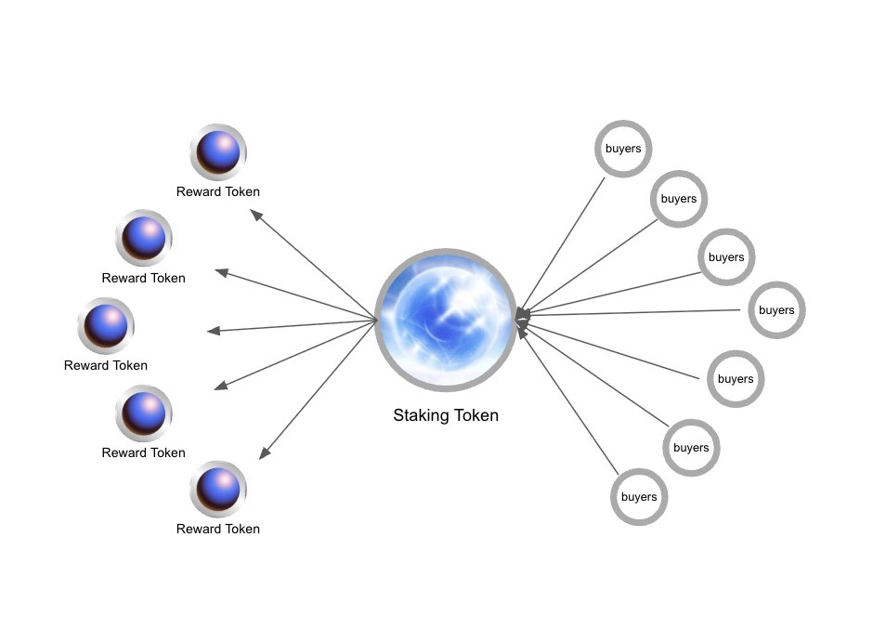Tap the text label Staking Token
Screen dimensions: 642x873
pyautogui.click(x=446, y=415)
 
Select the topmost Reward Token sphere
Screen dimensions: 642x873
pyautogui.click(x=218, y=151)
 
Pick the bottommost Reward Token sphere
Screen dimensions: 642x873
pyautogui.click(x=218, y=489)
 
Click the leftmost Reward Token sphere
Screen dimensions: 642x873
pyautogui.click(x=106, y=325)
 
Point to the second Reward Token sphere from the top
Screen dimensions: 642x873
pyautogui.click(x=144, y=238)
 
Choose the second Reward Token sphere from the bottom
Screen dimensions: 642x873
pyautogui.click(x=144, y=413)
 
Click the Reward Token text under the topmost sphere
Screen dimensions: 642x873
pyautogui.click(x=218, y=191)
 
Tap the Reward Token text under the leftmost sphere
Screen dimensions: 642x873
pyautogui.click(x=106, y=365)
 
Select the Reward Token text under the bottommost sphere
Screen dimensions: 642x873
pyautogui.click(x=218, y=529)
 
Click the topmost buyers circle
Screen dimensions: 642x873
pyautogui.click(x=623, y=148)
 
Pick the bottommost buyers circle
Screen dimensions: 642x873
pyautogui.click(x=639, y=496)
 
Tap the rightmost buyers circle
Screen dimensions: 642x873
pyautogui.click(x=776, y=310)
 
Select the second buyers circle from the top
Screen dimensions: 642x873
pyautogui.click(x=679, y=199)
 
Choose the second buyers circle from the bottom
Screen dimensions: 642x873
pyautogui.click(x=691, y=447)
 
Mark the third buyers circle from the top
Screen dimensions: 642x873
pyautogui.click(x=726, y=256)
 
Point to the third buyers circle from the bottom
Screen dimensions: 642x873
pyautogui.click(x=736, y=378)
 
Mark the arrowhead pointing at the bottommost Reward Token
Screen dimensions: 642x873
pyautogui.click(x=264, y=453)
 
